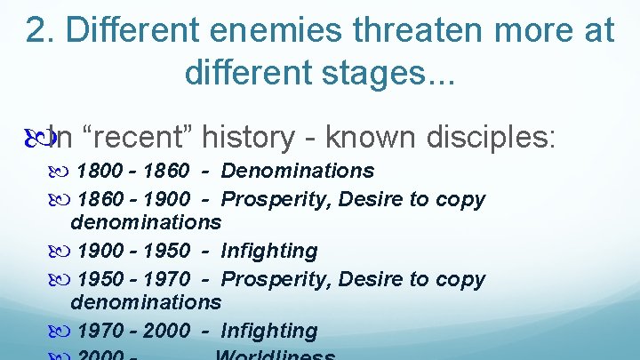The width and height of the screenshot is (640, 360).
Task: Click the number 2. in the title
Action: tap(40, 29)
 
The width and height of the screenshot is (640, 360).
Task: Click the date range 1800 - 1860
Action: tap(133, 171)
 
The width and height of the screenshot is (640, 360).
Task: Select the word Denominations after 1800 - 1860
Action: tap(298, 171)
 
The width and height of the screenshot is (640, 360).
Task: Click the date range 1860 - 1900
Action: tap(133, 198)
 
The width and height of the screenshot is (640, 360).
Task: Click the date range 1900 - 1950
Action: tap(133, 251)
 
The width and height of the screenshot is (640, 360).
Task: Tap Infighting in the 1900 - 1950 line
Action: tap(268, 251)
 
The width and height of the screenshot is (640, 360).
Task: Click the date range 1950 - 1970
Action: tap(133, 279)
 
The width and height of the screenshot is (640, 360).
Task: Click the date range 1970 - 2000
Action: tap(133, 331)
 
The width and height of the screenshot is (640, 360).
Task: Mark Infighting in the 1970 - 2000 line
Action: tap(268, 331)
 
